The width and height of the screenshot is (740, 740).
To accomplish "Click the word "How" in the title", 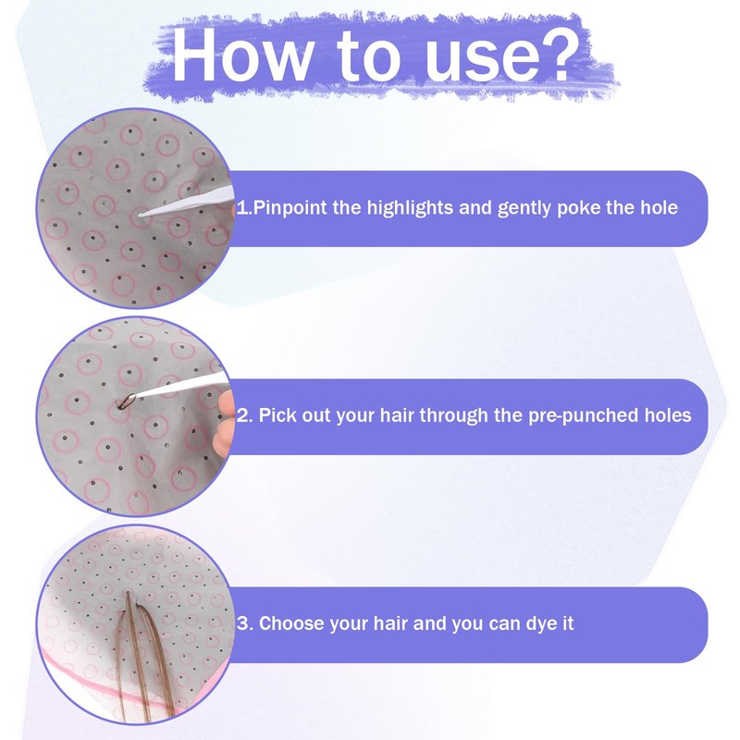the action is (x=240, y=55).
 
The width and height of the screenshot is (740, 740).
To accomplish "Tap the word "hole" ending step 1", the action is (x=659, y=207).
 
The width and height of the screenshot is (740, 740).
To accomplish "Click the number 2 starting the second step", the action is (x=243, y=415).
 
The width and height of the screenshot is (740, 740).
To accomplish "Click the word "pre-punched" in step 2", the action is (x=583, y=415).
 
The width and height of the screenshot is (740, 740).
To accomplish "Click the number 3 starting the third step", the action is (x=243, y=623).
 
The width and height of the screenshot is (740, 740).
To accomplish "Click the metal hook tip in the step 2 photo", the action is (x=125, y=401).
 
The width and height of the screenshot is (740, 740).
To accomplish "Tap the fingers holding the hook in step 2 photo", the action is (x=225, y=424).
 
